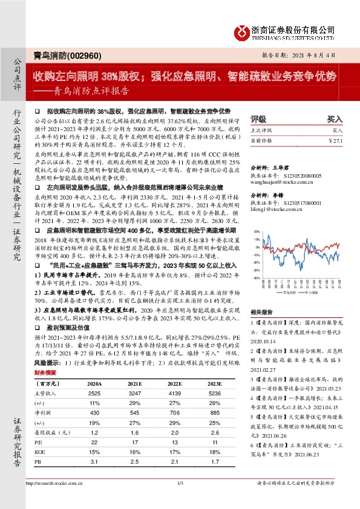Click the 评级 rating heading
pyautogui.click(x=258, y=119)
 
